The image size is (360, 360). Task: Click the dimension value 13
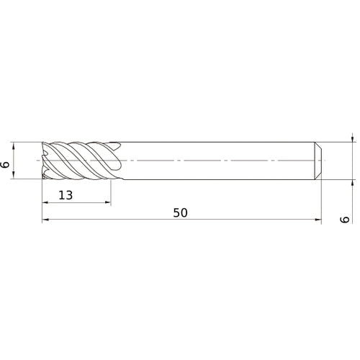[66, 195]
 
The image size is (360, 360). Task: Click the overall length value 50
[180, 213]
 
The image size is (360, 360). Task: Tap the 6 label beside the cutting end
[5, 165]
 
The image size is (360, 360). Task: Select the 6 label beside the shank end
[345, 220]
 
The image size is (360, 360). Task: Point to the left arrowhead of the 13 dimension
[45, 202]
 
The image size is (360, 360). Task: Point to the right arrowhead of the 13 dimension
[107, 202]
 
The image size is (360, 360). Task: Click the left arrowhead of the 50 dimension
[45, 220]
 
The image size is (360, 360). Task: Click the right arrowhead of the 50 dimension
[318, 220]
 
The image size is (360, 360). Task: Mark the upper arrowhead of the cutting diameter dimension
[14, 145]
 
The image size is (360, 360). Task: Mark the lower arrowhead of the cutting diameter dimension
[14, 176]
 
